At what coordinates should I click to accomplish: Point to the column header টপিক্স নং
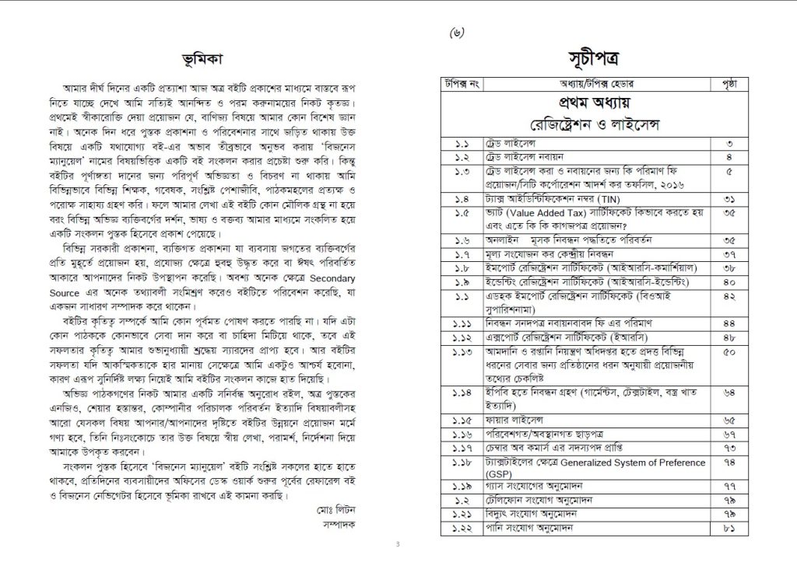coord(462,84)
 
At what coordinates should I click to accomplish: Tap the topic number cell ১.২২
coord(462,530)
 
